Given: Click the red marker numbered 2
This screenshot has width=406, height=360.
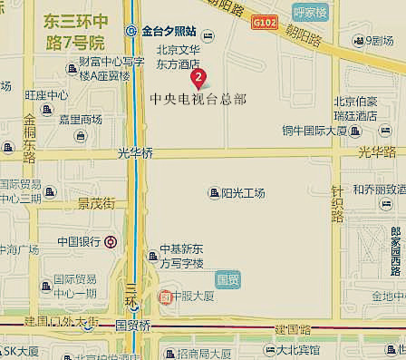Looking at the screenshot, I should tap(199, 78).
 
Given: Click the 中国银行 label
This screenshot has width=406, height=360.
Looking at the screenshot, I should tap(79, 241).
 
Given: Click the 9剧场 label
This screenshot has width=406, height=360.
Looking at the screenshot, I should tap(379, 40).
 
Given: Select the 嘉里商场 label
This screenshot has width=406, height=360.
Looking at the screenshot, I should tap(80, 119).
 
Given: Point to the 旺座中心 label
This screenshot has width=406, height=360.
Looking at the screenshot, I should tap(46, 94).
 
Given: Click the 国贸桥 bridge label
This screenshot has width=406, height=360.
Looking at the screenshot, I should tap(132, 325).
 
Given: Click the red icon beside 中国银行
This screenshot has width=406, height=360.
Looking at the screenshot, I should tap(110, 242).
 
